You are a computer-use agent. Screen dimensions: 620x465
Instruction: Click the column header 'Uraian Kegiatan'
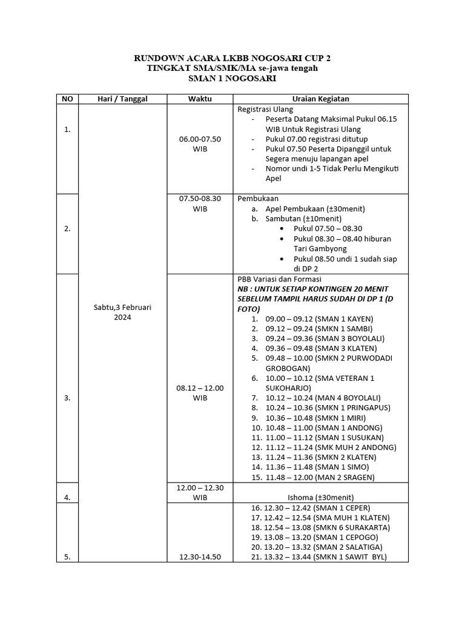pos(320,99)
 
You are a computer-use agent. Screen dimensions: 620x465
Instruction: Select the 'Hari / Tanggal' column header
pos(122,99)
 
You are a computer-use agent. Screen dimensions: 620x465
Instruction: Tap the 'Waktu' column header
pos(200,99)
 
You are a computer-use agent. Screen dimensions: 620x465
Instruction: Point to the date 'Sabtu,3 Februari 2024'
pos(122,312)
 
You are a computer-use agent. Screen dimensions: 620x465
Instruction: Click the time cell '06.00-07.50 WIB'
pos(200,143)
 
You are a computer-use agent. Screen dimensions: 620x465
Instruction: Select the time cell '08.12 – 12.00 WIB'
pos(200,393)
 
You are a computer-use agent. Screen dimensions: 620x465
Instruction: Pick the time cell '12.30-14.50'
pos(200,557)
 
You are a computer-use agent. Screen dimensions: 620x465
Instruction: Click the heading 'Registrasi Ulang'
pos(265,110)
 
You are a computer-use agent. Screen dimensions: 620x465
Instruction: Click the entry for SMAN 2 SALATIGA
pos(317,547)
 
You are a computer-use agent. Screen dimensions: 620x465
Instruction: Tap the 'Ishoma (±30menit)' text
pos(320,498)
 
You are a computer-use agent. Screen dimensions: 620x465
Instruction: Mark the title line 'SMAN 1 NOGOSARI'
pos(232,79)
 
